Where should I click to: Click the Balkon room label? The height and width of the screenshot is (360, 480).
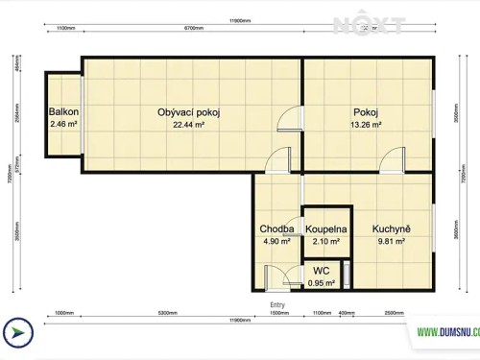click(63, 112)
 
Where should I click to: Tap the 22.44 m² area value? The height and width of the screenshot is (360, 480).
click(189, 124)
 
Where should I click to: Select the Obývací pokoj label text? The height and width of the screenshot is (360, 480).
click(189, 112)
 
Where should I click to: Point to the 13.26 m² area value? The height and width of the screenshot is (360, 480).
click(366, 124)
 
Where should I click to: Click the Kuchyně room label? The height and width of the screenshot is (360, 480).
click(391, 229)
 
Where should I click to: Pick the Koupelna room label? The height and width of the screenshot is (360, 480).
click(326, 229)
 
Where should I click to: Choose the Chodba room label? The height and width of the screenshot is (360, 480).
click(276, 229)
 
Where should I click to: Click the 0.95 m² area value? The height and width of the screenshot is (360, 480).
click(322, 283)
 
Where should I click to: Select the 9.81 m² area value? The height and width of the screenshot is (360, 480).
click(391, 242)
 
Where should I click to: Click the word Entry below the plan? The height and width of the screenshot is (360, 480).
click(277, 303)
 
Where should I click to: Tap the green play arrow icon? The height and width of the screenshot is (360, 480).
click(17, 332)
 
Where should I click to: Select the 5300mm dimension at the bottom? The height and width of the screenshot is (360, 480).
click(167, 313)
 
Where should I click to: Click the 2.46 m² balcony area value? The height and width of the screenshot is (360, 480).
click(63, 124)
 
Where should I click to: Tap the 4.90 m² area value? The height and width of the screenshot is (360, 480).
click(276, 242)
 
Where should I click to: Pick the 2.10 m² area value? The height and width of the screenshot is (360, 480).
click(326, 242)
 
